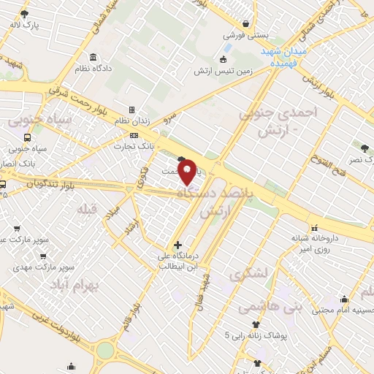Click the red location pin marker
(x=187, y=171)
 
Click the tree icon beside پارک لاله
(x=24, y=15)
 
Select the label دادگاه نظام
(x=93, y=68)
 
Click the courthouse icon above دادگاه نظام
(x=93, y=57)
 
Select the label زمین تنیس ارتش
(x=224, y=72)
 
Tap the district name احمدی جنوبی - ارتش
(x=270, y=120)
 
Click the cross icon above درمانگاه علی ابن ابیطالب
(x=178, y=244)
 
